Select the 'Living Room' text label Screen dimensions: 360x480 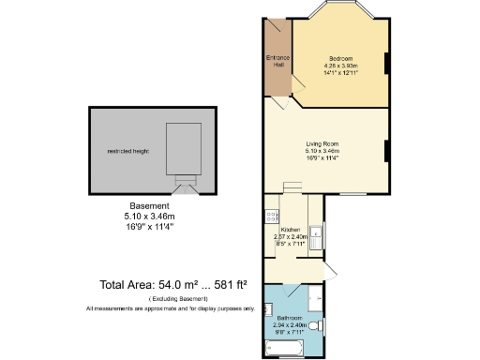[322, 142]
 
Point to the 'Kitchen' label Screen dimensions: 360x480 [290, 230]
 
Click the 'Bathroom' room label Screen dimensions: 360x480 [289, 318]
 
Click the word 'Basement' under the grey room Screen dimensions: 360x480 [149, 206]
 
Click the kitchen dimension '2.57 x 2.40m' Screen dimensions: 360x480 [292, 237]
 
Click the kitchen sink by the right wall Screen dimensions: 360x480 [317, 236]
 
